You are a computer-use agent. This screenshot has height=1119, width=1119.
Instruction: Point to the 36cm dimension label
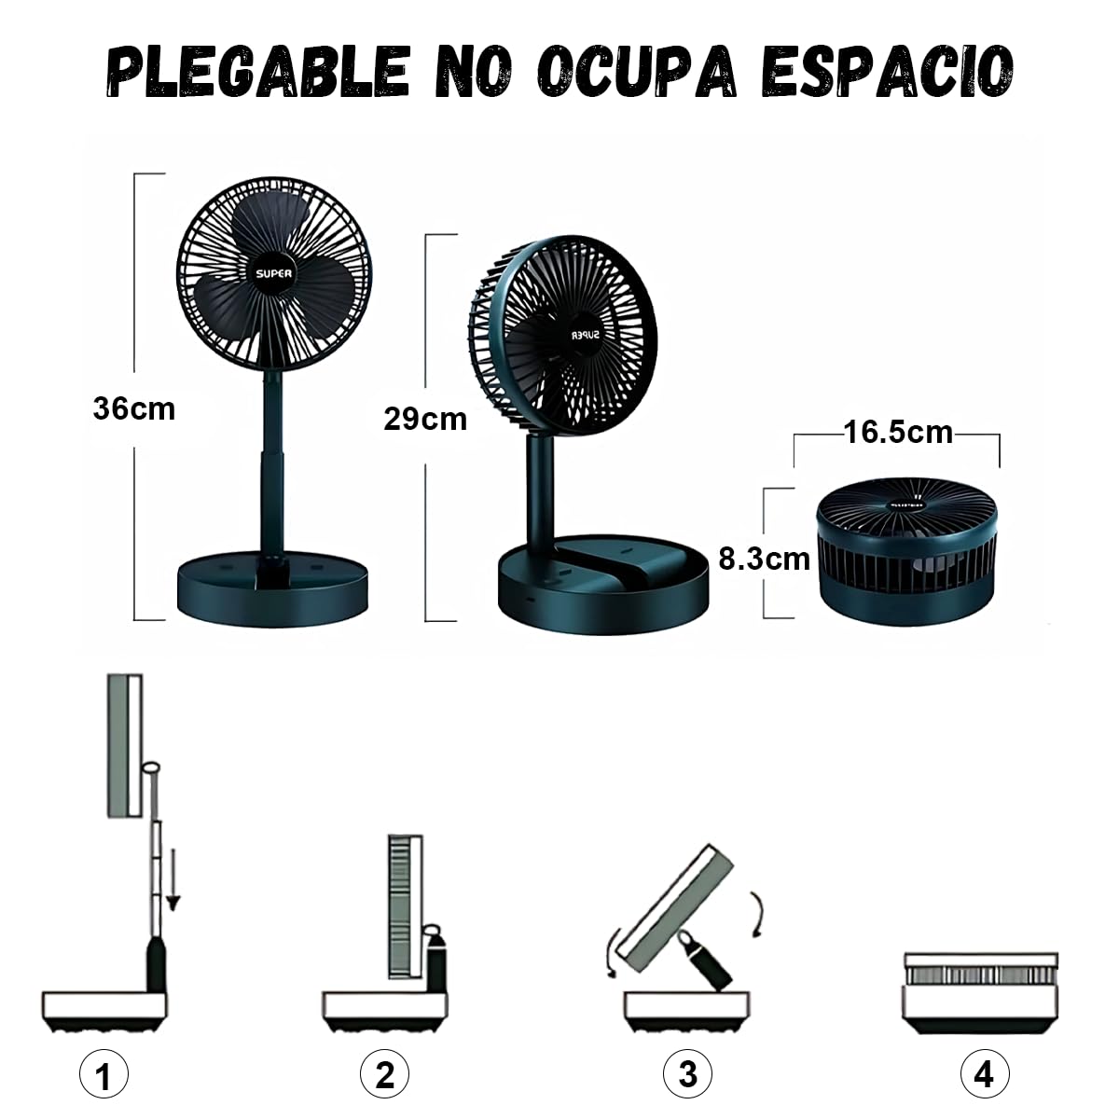134,408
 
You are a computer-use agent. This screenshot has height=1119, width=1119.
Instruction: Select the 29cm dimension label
425,420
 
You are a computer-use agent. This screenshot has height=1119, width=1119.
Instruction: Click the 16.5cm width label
898,433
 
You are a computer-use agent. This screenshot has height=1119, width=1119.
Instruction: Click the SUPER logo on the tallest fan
274,273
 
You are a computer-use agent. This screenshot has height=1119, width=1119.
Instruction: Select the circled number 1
103,1076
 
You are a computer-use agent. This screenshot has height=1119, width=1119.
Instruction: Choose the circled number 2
384,1075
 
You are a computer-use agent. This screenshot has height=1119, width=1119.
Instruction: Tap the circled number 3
687,1074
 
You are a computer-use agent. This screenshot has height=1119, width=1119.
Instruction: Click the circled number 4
983,1074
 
